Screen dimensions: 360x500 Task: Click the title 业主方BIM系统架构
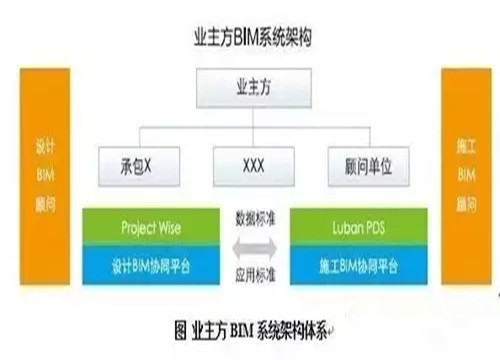tap(250, 39)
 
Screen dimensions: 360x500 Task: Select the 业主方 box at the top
tap(250, 90)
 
